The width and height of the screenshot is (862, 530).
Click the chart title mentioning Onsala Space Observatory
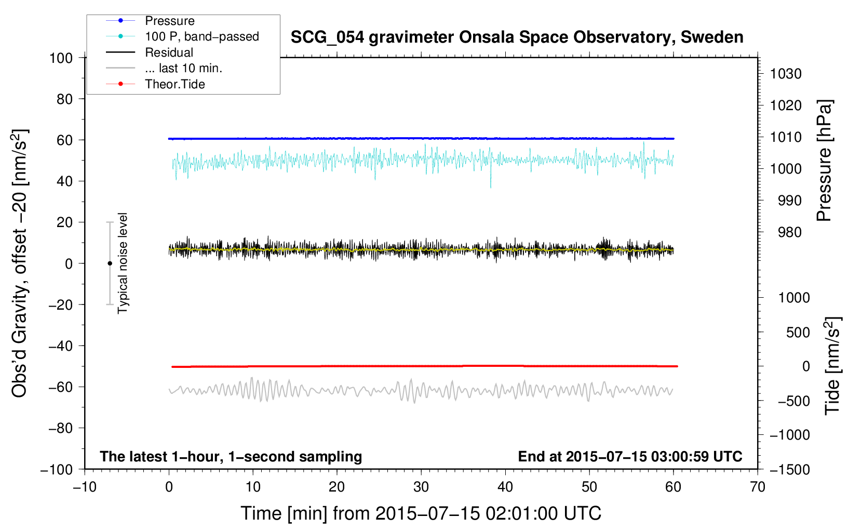[x=517, y=37]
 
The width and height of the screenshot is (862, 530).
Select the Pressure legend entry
[x=150, y=21]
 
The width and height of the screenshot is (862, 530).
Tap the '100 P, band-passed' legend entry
[x=182, y=36]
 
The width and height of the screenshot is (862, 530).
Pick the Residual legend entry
[x=150, y=52]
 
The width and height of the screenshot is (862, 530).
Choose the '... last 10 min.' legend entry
[x=164, y=68]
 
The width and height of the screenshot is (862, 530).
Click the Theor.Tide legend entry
[x=155, y=84]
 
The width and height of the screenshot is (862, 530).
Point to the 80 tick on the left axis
[x=64, y=99]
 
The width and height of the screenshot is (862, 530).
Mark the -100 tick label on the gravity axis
[x=57, y=470]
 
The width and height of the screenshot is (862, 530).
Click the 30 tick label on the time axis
[x=421, y=487]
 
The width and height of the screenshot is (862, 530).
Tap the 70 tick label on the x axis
[x=757, y=487]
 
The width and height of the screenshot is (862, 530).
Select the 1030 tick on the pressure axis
[x=786, y=74]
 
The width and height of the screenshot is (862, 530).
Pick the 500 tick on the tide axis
[x=798, y=333]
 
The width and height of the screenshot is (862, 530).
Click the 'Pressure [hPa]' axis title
[x=824, y=161]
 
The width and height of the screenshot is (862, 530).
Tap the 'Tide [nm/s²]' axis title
[x=832, y=366]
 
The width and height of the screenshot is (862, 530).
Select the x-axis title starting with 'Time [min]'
[x=421, y=514]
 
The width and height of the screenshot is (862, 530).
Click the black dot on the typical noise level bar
[x=110, y=263]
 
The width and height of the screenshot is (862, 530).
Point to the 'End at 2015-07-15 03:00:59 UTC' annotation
[x=630, y=457]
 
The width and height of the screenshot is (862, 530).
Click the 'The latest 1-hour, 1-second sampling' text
[x=231, y=457]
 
